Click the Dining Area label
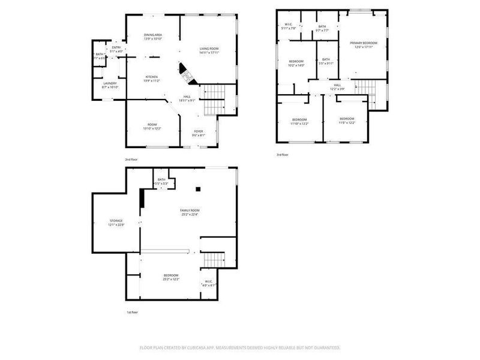153,37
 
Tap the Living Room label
209,50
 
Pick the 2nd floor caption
131,160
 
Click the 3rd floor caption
282,155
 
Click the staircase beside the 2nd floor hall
213,100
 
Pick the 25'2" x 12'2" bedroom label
171,277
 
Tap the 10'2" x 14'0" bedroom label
296,63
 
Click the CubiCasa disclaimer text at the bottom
240,347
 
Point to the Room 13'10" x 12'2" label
152,127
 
